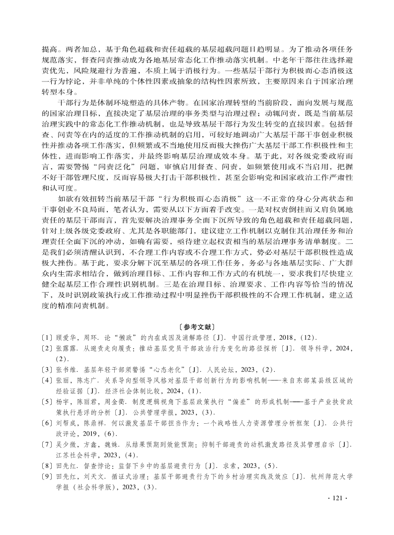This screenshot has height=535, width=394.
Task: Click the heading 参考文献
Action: (197, 327)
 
